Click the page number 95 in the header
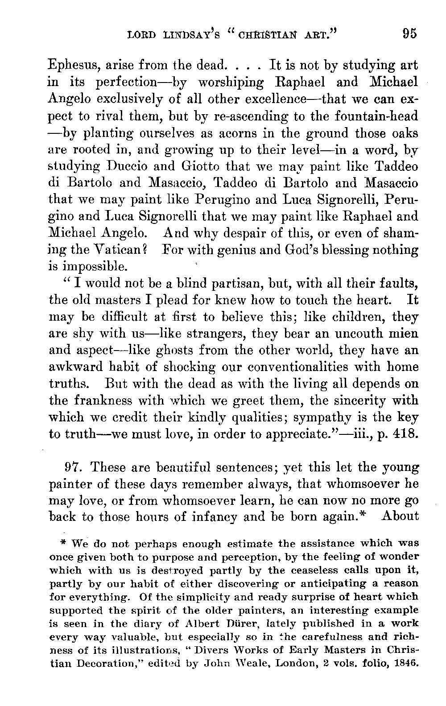tap(409, 34)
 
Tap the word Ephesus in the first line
tap(74, 66)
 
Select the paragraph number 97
tap(72, 468)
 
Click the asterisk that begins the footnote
tap(63, 544)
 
